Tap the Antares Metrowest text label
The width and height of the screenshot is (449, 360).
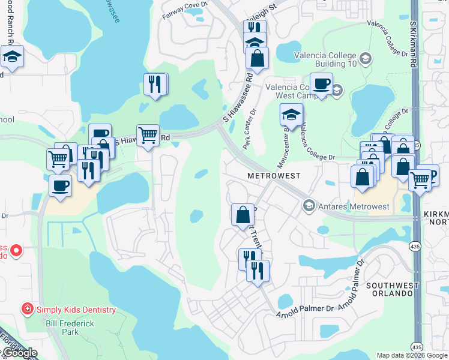point(354,206)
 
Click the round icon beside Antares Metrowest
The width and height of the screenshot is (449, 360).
point(309,206)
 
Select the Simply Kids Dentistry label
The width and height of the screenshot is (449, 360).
point(76,310)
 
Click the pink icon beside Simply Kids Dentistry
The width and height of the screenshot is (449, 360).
point(27,310)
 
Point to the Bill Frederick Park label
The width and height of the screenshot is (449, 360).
point(70,327)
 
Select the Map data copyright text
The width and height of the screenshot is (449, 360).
point(412,355)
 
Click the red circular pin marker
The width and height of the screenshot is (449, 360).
point(16,250)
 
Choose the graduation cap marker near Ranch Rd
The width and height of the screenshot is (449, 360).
point(12,56)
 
